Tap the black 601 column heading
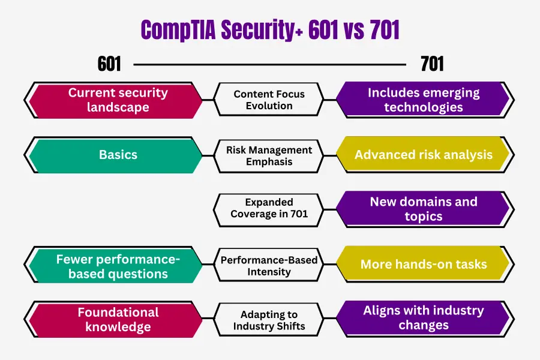coord(109,64)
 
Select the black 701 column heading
coord(432,64)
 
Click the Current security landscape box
coord(113,100)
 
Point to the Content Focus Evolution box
coord(269,100)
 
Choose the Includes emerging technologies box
coord(425,100)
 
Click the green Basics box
coord(113,155)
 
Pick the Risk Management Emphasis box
coord(269,156)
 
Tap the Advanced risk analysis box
coord(425,155)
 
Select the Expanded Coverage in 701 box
coord(269,209)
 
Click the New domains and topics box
coord(425,209)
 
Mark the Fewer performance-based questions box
coord(113,265)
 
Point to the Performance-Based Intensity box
coord(269,265)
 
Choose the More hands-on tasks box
coord(425,264)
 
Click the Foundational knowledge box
coord(113,319)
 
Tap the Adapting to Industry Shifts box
coord(269,320)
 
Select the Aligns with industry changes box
coord(425,319)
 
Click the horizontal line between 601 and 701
coord(269,64)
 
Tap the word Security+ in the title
coord(262,31)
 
